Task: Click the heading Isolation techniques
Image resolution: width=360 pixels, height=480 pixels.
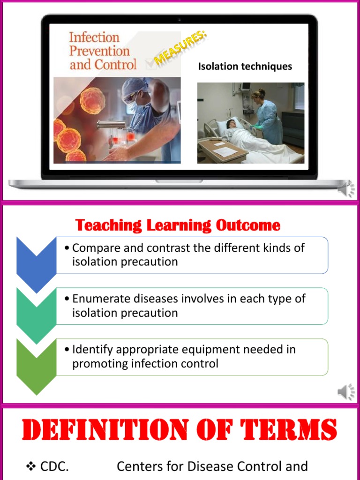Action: click(245, 67)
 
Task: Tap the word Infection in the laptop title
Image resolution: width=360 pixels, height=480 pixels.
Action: click(94, 37)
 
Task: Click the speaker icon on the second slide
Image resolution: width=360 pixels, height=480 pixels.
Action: click(346, 392)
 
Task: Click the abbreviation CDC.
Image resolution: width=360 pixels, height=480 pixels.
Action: click(54, 466)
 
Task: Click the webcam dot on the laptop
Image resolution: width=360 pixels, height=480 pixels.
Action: click(180, 20)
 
